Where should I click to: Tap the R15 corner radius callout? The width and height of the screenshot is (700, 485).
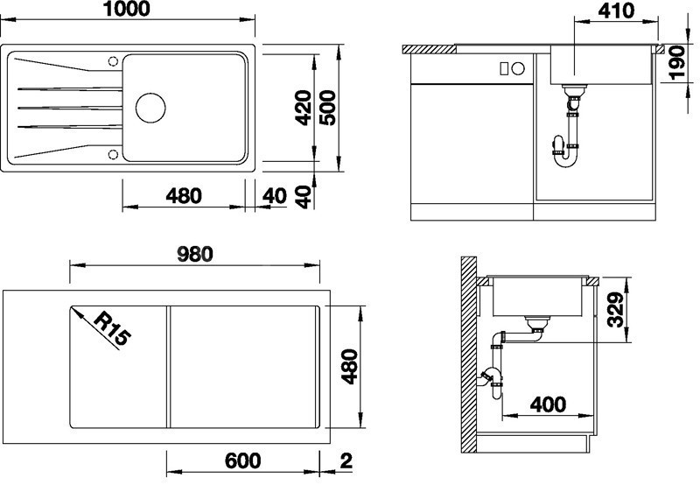point(109,331)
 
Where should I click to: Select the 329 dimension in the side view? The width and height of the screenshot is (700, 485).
point(618,309)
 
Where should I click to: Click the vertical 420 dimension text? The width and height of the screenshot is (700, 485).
point(303,108)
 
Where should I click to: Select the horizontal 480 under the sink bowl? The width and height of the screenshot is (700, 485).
point(184,195)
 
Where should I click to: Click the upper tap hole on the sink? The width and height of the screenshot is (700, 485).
point(112,60)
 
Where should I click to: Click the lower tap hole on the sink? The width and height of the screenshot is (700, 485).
point(112,154)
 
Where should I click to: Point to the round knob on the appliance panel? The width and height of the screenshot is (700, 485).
point(516,68)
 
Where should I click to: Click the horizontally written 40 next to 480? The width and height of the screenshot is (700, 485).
point(274,195)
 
